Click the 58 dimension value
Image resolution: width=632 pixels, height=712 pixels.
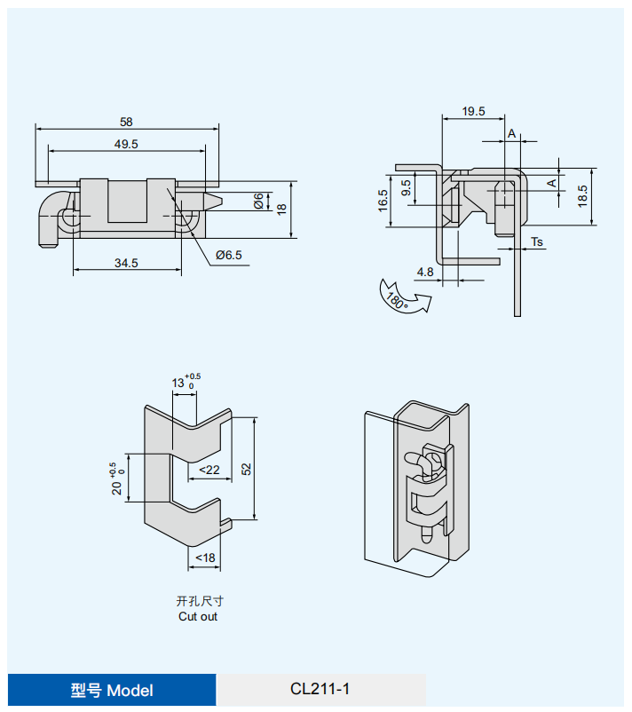126,122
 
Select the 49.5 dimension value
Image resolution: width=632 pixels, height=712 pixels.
126,144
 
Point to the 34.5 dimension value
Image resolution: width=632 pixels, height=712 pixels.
126,263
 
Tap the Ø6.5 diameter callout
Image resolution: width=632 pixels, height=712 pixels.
228,256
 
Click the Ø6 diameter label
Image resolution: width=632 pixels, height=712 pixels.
257,202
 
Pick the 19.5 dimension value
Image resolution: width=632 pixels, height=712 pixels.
473,112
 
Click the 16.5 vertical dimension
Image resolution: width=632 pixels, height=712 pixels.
383,201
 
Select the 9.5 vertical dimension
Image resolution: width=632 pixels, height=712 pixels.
406,188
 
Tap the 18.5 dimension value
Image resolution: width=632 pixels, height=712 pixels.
582,195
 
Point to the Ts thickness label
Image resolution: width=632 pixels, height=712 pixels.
537,241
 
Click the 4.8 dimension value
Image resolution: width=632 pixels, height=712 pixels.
424,273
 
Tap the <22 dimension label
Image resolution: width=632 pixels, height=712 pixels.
209,470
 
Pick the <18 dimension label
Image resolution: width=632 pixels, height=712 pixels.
204,558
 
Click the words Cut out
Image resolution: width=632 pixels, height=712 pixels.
197,616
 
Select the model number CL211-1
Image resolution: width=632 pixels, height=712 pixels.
320,689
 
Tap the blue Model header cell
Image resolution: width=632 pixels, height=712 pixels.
112,690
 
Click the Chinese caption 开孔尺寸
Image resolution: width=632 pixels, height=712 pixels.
197,600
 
